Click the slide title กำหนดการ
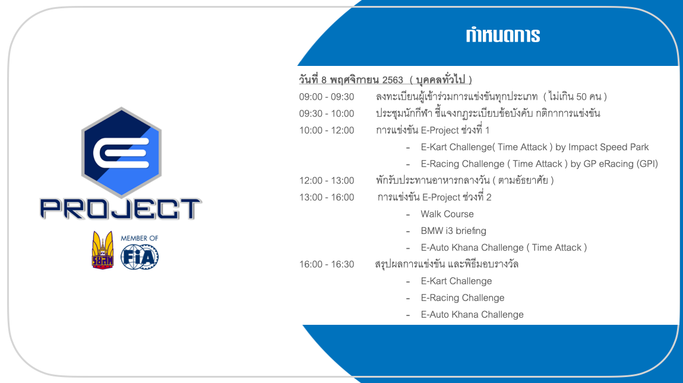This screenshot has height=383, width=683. click(x=502, y=35)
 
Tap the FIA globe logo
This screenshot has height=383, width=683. click(x=140, y=257)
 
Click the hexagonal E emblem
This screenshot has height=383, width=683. click(x=121, y=151)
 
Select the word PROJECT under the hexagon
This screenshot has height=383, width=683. click(x=121, y=208)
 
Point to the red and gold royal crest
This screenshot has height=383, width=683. click(x=103, y=250)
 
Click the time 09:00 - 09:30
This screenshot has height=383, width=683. click(x=326, y=97)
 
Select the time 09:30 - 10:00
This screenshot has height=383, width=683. click(x=326, y=114)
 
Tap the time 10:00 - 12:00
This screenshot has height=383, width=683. click(x=326, y=130)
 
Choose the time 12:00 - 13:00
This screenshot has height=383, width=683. click(x=326, y=181)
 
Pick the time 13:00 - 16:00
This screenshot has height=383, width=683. click(x=326, y=197)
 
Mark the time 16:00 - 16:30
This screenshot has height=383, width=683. click(x=326, y=264)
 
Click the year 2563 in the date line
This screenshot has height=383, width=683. click(x=393, y=80)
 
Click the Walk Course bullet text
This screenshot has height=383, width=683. click(x=447, y=214)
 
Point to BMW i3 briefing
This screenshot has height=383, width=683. click(x=453, y=231)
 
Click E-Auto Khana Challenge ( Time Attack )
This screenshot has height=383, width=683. click(x=504, y=248)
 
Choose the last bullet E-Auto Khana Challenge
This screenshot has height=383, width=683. click(x=472, y=315)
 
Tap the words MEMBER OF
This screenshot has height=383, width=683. click(x=140, y=238)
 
